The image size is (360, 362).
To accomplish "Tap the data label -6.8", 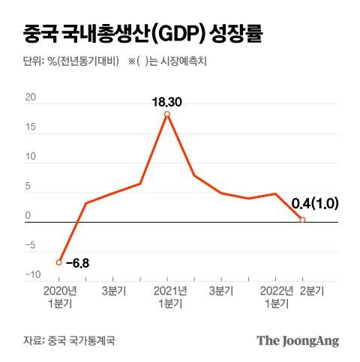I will click(77, 263).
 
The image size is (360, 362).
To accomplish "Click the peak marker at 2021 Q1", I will click(166, 114).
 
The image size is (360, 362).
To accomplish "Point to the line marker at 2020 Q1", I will click(59, 262).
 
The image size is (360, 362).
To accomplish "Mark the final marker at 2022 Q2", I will click(302, 220).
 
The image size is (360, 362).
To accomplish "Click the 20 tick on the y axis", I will click(31, 97).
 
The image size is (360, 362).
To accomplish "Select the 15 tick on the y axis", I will click(31, 127).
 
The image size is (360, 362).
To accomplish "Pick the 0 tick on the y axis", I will click(28, 216).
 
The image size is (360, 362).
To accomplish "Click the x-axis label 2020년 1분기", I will click(59, 296).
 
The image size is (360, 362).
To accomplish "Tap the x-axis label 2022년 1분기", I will click(274, 296).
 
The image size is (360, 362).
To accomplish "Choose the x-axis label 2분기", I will click(311, 290).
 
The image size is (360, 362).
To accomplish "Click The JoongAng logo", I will click(298, 340).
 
